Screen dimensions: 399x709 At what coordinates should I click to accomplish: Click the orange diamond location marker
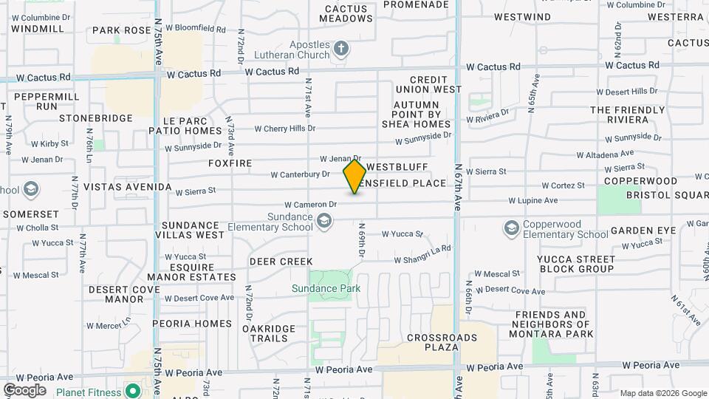pyautogui.click(x=354, y=177)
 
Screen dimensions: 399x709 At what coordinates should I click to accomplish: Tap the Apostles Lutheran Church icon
pyautogui.click(x=340, y=49)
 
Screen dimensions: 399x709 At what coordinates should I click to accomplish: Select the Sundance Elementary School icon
pyautogui.click(x=323, y=220)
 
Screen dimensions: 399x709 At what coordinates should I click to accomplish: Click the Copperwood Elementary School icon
pyautogui.click(x=511, y=228)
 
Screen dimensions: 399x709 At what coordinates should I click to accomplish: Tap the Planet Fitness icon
pyautogui.click(x=132, y=390)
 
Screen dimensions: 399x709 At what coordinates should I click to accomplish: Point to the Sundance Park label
pyautogui.click(x=326, y=288)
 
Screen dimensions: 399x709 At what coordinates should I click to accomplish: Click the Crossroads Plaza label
pyautogui.click(x=442, y=343)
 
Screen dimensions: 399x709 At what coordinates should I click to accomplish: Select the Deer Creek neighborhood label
pyautogui.click(x=281, y=262)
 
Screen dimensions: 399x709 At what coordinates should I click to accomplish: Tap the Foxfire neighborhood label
pyautogui.click(x=230, y=163)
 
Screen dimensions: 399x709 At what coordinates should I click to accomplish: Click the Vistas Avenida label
pyautogui.click(x=128, y=188)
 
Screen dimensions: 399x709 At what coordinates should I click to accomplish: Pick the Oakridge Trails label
pyautogui.click(x=269, y=333)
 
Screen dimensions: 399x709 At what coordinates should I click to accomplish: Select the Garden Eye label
pyautogui.click(x=643, y=231)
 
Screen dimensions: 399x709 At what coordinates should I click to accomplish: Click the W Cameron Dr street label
pyautogui.click(x=311, y=204)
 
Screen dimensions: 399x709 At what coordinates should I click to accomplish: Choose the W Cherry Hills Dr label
pyautogui.click(x=284, y=129)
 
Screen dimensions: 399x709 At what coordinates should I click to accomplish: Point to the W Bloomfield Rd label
pyautogui.click(x=195, y=29)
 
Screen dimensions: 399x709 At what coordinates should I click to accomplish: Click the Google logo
pyautogui.click(x=24, y=389)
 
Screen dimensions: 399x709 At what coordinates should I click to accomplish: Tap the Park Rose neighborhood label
pyautogui.click(x=122, y=31)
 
